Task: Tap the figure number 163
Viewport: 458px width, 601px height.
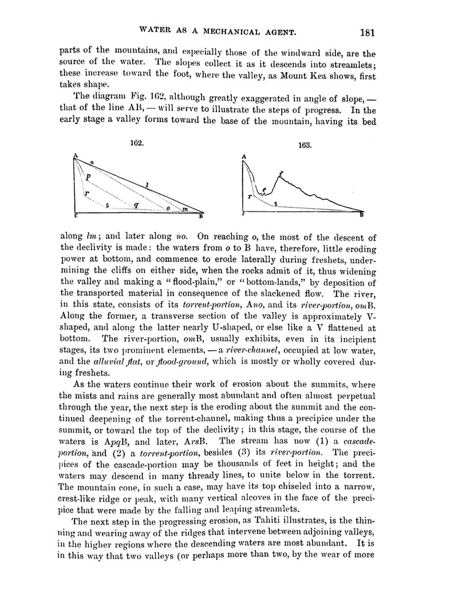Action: [x=304, y=145]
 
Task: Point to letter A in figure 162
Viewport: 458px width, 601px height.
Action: [x=74, y=156]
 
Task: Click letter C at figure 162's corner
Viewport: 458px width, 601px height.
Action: [x=75, y=217]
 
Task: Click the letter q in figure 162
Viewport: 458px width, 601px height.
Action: [x=135, y=204]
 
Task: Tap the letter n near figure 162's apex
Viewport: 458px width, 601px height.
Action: [x=91, y=164]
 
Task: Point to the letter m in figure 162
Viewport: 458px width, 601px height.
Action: [x=184, y=209]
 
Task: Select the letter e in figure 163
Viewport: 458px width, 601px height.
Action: [x=264, y=189]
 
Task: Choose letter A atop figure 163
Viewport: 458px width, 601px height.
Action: [x=244, y=156]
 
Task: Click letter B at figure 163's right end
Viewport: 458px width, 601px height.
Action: [x=361, y=215]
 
